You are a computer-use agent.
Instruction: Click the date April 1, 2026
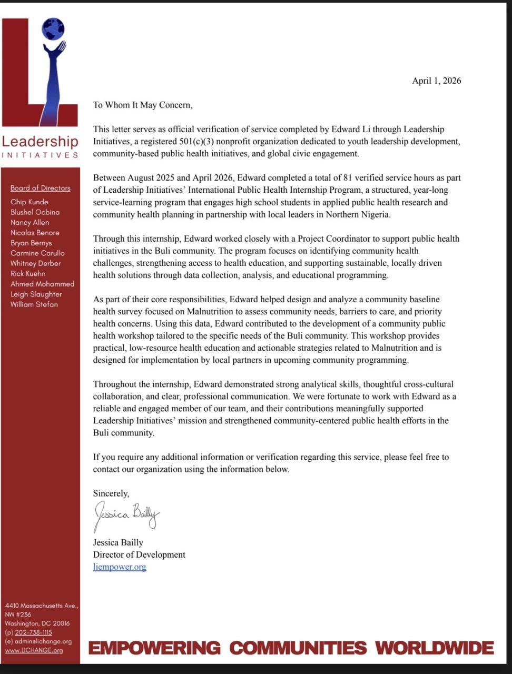(x=436, y=81)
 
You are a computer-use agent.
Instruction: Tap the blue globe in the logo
(x=53, y=29)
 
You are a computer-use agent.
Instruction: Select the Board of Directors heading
(x=40, y=188)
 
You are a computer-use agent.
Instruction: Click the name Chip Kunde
(x=29, y=202)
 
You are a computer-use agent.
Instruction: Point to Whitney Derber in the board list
(x=35, y=263)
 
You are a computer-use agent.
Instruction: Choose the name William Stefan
(x=34, y=304)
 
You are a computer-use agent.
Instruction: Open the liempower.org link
(x=120, y=567)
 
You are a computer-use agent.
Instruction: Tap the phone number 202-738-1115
(x=33, y=632)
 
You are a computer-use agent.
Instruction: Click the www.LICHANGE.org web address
(x=34, y=650)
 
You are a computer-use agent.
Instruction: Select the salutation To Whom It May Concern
(x=143, y=105)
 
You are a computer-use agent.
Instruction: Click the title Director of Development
(x=139, y=554)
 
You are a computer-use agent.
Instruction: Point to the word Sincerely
(x=111, y=493)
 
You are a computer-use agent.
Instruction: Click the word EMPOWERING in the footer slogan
(x=154, y=648)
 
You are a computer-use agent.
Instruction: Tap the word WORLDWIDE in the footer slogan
(x=435, y=648)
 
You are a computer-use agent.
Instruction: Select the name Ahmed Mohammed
(x=42, y=284)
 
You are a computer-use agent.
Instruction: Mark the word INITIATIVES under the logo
(x=40, y=155)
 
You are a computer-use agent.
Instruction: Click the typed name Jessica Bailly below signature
(x=118, y=542)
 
